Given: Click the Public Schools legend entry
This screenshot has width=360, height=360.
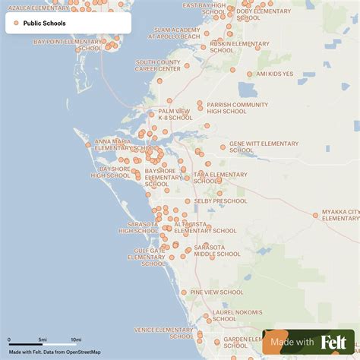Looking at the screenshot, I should click(44, 24).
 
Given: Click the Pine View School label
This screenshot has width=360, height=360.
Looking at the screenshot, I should click(216, 292).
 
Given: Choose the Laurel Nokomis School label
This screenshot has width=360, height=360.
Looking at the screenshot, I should click(237, 315).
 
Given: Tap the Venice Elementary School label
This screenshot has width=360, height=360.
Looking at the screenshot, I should click(163, 333).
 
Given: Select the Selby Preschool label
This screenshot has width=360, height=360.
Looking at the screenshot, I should click(220, 201).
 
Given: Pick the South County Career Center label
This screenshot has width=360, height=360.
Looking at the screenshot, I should click(158, 65).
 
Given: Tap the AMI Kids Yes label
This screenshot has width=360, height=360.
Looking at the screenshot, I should click(274, 74).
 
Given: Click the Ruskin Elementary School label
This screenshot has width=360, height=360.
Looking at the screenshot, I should click(235, 48).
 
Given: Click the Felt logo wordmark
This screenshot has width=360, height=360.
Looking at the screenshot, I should click(333, 342).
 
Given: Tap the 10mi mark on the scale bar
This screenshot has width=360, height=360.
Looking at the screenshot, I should click(76, 339).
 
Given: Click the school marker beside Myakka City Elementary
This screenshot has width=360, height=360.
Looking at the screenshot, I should click(315, 215).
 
